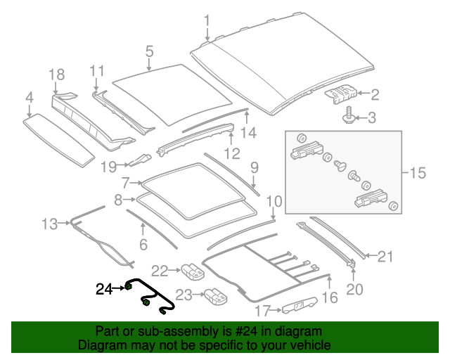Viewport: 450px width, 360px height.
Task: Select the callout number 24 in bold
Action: click(104, 288)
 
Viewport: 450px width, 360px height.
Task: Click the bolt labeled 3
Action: click(348, 115)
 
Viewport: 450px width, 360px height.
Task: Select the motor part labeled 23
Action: click(215, 297)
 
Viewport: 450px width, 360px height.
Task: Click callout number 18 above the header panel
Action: click(57, 75)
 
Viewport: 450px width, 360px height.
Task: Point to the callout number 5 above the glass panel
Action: click(149, 51)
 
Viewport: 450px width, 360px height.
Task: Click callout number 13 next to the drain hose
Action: click(49, 224)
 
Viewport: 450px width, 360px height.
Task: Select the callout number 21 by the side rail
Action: click(386, 257)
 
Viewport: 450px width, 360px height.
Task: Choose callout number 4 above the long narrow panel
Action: click(29, 97)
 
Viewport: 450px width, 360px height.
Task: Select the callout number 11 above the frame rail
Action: click(97, 70)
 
